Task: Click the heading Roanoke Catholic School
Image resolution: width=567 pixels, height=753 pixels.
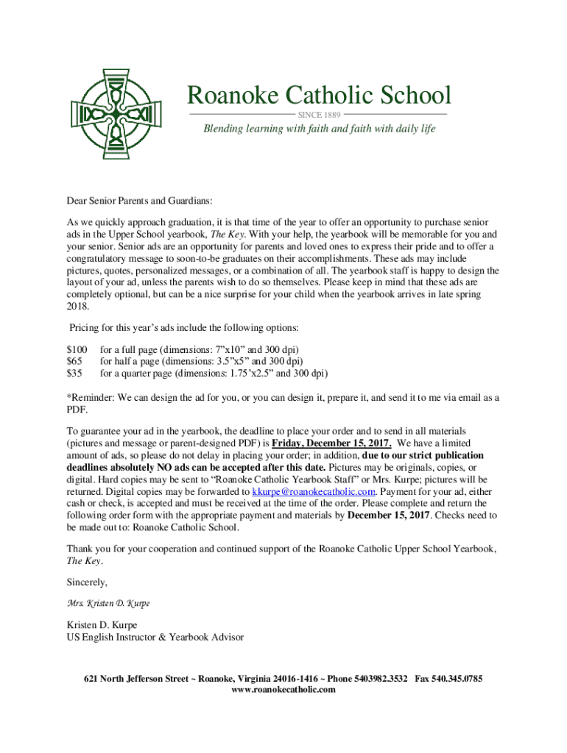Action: point(318,96)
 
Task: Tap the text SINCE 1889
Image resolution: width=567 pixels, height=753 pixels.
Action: point(318,115)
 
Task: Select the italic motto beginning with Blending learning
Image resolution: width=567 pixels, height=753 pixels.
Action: point(320,129)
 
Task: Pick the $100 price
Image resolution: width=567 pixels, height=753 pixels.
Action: point(77,349)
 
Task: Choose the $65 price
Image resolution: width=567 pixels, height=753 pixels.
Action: point(74,361)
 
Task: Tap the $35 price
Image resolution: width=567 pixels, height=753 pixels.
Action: point(74,373)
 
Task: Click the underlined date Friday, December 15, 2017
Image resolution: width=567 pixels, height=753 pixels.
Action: point(331,443)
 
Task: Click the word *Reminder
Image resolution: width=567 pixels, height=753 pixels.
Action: point(94,398)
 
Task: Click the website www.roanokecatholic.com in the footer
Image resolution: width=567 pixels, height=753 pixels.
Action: point(283,690)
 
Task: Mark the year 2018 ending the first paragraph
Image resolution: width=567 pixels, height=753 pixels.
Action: point(77,306)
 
